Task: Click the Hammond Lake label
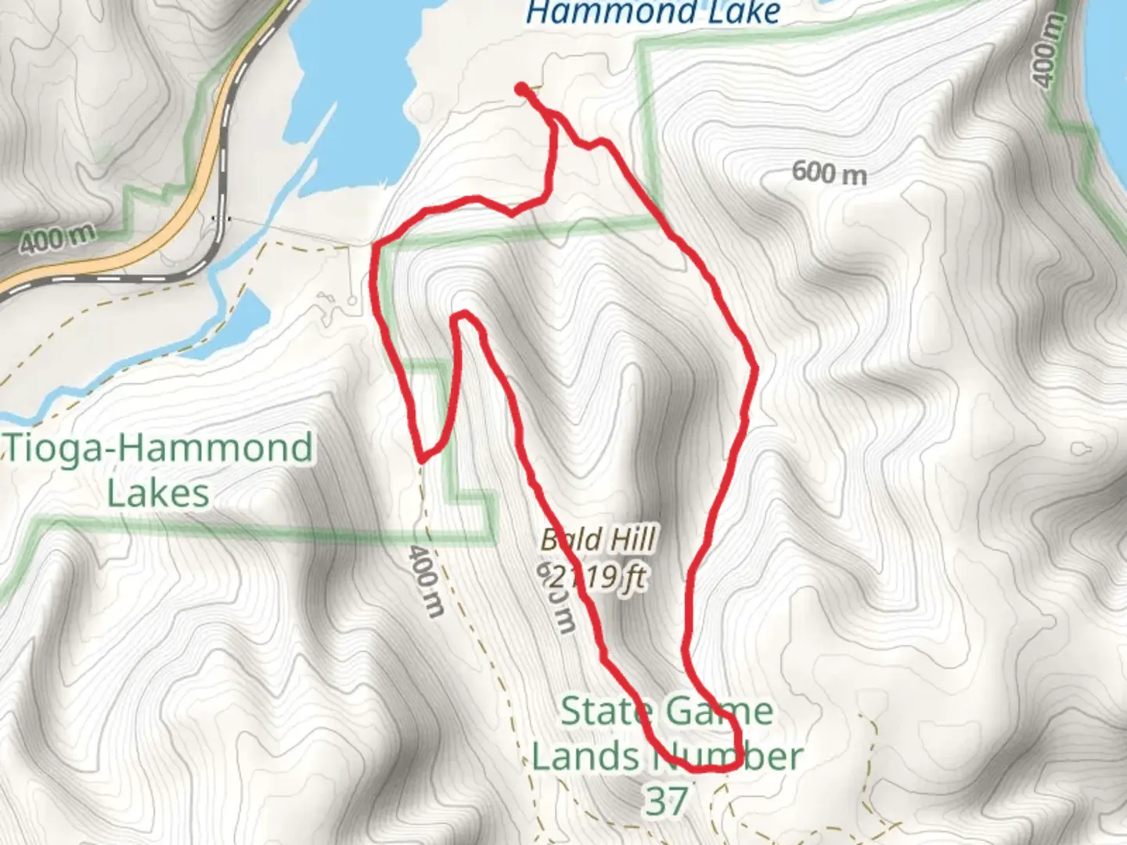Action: tap(654, 13)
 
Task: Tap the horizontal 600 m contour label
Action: tap(829, 172)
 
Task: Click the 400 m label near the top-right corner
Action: tap(1050, 50)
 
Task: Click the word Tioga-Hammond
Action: tap(160, 448)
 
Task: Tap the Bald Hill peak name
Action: tap(599, 539)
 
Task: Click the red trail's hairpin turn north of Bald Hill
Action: tap(463, 315)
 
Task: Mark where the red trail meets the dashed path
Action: tap(422, 458)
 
